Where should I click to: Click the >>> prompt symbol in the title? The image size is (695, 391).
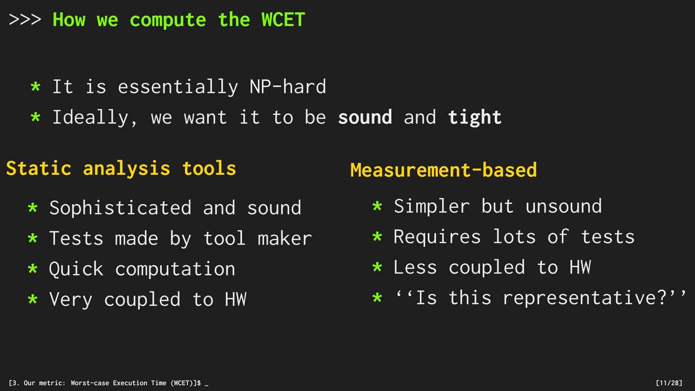(25, 19)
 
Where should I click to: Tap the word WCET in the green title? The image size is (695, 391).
(283, 19)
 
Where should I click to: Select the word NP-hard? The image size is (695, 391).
(288, 86)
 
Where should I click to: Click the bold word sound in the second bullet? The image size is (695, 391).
(365, 117)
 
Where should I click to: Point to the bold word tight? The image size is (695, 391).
(475, 117)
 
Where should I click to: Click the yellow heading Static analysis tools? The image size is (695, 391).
(121, 168)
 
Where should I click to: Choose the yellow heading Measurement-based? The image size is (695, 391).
(444, 169)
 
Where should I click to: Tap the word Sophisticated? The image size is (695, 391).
(120, 208)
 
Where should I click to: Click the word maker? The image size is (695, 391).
(284, 238)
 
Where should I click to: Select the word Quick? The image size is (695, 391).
(76, 269)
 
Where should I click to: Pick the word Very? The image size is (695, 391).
(71, 299)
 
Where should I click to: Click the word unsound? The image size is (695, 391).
(563, 206)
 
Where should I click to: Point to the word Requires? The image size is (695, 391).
(437, 237)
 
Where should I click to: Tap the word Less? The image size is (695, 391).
(415, 267)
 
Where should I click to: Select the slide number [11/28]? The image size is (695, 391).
(669, 383)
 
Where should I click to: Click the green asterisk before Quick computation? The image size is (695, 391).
(32, 269)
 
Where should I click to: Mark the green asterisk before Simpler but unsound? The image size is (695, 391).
(377, 206)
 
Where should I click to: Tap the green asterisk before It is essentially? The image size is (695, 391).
(36, 86)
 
